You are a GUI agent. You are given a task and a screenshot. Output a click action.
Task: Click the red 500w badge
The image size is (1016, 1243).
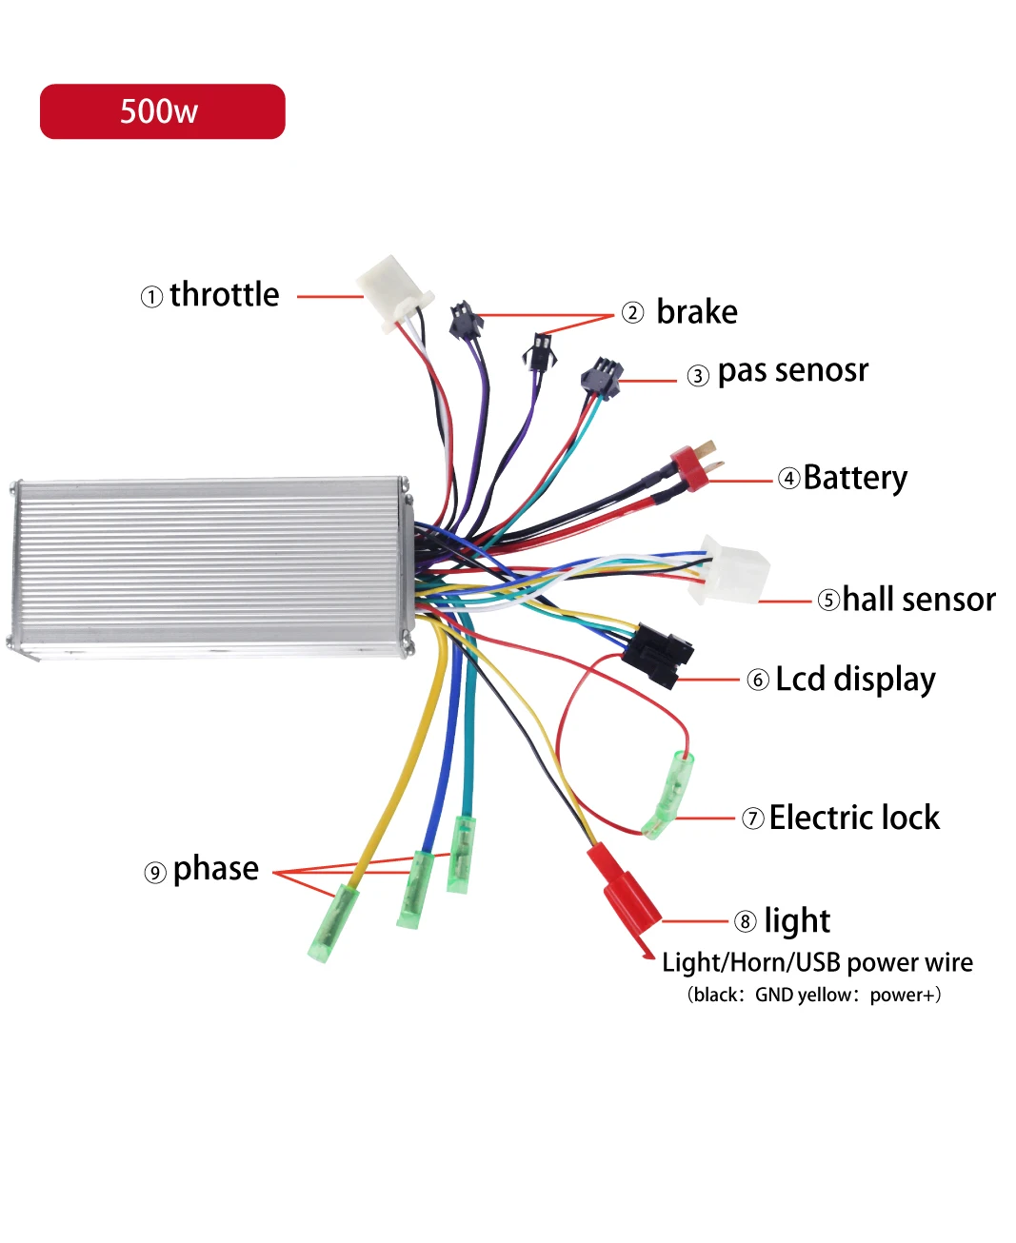click(162, 111)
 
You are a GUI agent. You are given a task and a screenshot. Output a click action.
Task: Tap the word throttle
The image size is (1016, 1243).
click(225, 295)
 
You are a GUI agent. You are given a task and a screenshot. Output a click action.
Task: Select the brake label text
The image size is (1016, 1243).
click(696, 312)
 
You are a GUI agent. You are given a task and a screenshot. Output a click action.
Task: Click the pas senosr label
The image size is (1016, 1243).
click(792, 370)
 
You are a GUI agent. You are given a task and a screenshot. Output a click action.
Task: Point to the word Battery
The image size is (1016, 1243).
click(855, 478)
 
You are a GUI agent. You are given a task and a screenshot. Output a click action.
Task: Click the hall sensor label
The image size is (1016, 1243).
click(919, 600)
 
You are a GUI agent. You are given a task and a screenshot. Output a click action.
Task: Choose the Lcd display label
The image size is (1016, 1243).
click(855, 680)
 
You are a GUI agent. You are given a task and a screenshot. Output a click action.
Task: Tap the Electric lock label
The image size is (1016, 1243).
click(854, 818)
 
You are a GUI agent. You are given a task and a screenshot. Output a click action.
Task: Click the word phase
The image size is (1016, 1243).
click(216, 869)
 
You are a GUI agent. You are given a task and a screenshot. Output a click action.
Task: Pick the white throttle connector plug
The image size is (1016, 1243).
click(392, 291)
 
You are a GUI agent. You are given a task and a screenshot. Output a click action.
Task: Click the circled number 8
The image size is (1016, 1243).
click(745, 921)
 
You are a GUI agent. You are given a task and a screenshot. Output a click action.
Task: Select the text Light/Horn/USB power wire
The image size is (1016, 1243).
click(817, 962)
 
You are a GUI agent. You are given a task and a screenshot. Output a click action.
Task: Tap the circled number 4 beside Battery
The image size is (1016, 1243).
click(789, 478)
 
